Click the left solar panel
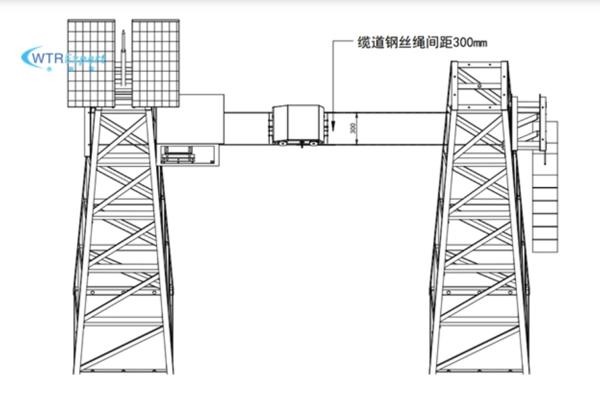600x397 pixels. tap(91, 63)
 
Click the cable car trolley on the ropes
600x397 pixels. tap(297, 124)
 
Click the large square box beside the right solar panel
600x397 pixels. tap(201, 118)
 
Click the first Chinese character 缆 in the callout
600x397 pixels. tap(363, 43)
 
